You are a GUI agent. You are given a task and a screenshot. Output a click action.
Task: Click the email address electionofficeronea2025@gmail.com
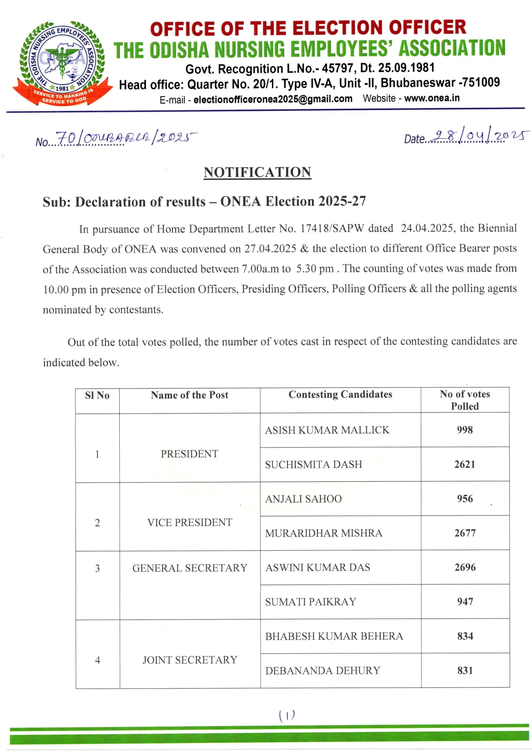coord(273,99)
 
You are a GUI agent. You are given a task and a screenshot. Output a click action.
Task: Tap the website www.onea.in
coord(432,98)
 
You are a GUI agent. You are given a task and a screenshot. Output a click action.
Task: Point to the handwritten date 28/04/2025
coord(479,137)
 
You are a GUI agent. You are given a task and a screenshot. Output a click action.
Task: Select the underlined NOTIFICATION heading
coord(257,172)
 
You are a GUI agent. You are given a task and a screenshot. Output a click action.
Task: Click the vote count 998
coord(465,430)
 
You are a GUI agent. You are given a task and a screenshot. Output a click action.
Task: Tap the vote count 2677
coord(465,533)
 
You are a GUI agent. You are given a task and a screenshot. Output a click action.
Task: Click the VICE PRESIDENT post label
coord(190,522)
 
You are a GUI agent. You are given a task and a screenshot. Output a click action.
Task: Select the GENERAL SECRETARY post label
coord(190,568)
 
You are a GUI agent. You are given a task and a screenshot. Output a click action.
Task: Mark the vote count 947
coord(465,601)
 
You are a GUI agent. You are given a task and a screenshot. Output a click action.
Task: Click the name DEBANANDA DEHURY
coord(323,671)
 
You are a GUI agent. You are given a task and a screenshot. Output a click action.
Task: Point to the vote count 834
coord(465,636)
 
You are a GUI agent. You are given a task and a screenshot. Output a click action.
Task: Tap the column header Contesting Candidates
coord(340,394)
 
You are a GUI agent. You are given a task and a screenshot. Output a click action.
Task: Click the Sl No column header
coord(97,395)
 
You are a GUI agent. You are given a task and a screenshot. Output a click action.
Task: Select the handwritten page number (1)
coord(287,715)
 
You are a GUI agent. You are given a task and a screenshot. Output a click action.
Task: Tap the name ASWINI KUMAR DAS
coord(317,567)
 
